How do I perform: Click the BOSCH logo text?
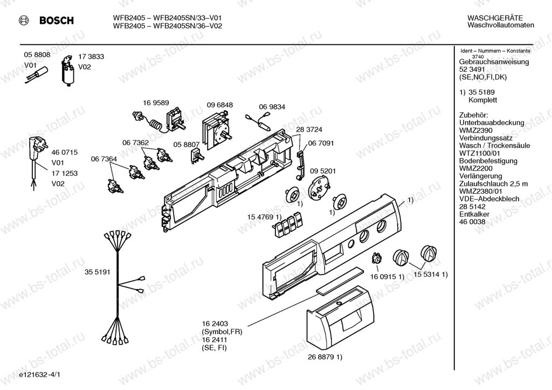(x=56, y=21)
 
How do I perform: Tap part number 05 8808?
(x=37, y=55)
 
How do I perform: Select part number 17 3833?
(x=91, y=56)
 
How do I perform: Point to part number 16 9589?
(x=156, y=103)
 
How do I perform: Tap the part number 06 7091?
(x=321, y=143)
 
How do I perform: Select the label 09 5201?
(x=323, y=171)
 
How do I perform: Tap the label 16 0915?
(x=382, y=276)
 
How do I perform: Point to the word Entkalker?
(x=474, y=214)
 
